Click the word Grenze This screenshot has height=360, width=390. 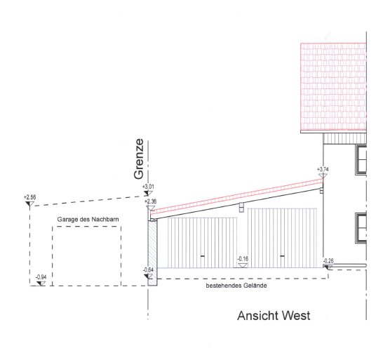pyautogui.click(x=139, y=159)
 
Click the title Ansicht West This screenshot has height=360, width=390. pyautogui.click(x=274, y=316)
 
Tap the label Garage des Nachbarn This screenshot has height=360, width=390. pyautogui.click(x=88, y=220)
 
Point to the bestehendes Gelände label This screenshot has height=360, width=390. pyautogui.click(x=236, y=286)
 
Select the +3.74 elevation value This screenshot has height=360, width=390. pyautogui.click(x=323, y=169)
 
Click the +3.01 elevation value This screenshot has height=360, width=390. pyautogui.click(x=148, y=187)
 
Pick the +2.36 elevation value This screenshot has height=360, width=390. pyautogui.click(x=151, y=201)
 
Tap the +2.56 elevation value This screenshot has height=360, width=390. pyautogui.click(x=30, y=197)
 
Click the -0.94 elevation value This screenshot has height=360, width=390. pyautogui.click(x=41, y=277)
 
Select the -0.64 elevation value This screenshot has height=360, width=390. pyautogui.click(x=148, y=270)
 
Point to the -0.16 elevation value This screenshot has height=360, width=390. pyautogui.click(x=243, y=259)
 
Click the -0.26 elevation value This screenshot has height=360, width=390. pyautogui.click(x=328, y=261)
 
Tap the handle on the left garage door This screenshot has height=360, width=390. pyautogui.click(x=203, y=256)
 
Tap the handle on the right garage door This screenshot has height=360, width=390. pyautogui.click(x=282, y=256)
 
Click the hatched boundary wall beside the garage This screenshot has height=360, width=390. pyautogui.click(x=152, y=253)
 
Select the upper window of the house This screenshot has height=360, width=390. pyautogui.click(x=361, y=159)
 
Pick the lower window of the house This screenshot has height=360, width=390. pyautogui.click(x=361, y=228)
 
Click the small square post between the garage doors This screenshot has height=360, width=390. pyautogui.click(x=241, y=207)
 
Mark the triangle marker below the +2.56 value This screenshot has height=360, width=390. pyautogui.click(x=29, y=204)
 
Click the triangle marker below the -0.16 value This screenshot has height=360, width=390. pyautogui.click(x=243, y=265)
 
